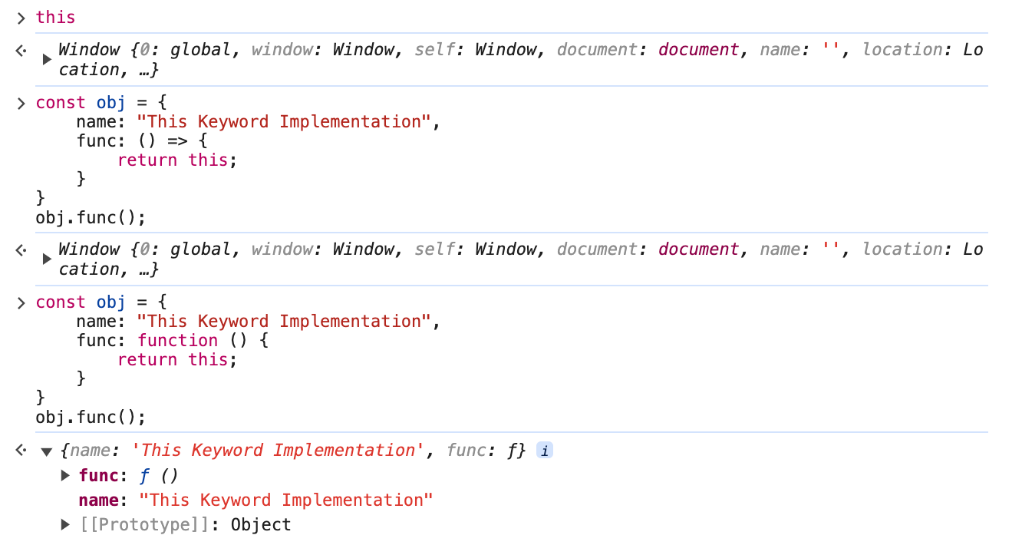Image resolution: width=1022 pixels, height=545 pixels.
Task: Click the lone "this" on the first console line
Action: pos(55,17)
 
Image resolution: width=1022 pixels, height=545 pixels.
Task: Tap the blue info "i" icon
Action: pos(544,451)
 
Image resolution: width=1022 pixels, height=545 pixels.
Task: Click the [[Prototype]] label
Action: pos(150,525)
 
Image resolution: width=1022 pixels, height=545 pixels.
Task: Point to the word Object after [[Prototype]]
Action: pos(261,525)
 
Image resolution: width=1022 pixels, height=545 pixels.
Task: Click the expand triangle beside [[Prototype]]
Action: pos(65,525)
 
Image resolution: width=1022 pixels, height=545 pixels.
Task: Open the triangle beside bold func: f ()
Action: pos(65,476)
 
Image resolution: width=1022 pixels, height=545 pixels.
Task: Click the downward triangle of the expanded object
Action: pos(46,451)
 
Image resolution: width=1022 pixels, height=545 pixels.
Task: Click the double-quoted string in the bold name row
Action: pos(286,500)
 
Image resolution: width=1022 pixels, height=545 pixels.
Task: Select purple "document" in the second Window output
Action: pos(698,249)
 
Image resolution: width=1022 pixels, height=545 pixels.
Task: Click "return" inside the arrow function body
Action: pos(147,160)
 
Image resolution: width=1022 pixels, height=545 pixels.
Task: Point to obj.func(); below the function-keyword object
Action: pos(91,418)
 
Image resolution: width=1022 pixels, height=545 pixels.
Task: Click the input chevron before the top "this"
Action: pos(21,18)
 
